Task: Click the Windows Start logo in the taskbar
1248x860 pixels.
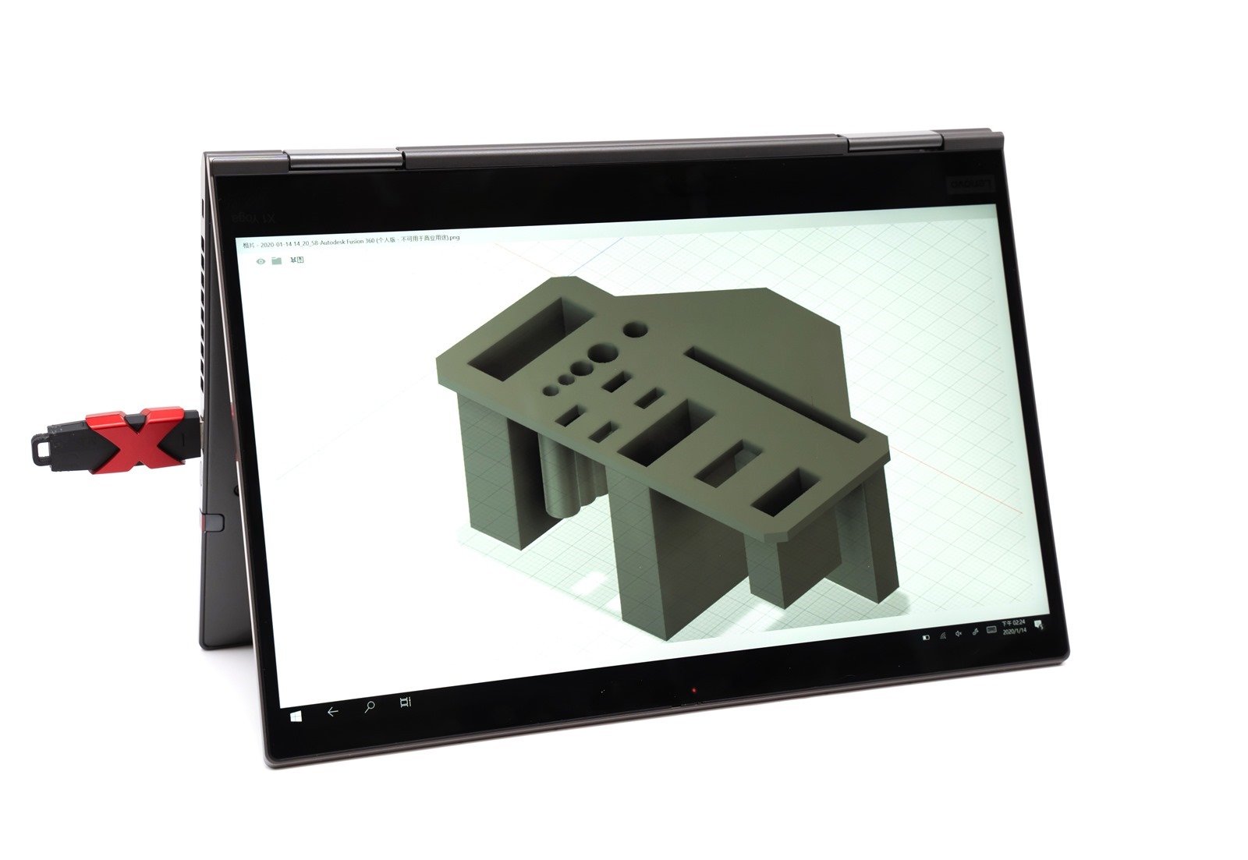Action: [x=297, y=715]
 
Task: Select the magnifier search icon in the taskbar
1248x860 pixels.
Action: [x=369, y=707]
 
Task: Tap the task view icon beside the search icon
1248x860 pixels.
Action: [x=404, y=703]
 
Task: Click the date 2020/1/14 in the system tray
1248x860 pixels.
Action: [x=1015, y=631]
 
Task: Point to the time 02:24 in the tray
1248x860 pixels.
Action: [x=1019, y=623]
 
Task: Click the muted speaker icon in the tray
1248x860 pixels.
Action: [x=958, y=634]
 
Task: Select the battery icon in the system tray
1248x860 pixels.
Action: [x=926, y=637]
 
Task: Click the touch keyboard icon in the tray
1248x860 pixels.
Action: [x=991, y=629]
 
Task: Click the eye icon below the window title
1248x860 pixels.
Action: [x=261, y=261]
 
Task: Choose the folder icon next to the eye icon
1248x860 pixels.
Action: [x=276, y=260]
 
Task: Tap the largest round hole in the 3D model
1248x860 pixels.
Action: [x=601, y=353]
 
